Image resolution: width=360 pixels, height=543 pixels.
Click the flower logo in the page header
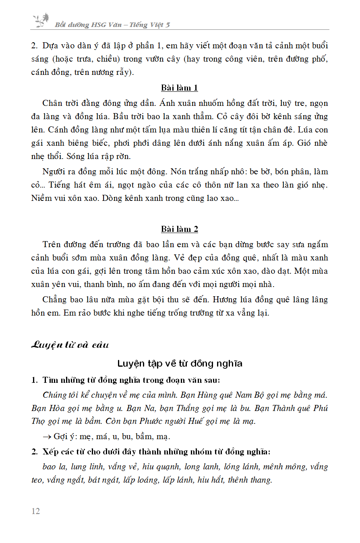(41, 20)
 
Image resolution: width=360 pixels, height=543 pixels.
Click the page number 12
(35, 511)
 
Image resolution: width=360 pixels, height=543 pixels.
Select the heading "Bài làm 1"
(180, 88)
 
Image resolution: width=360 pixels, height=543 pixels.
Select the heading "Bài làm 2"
(180, 229)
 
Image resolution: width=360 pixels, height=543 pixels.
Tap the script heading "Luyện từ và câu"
(70, 345)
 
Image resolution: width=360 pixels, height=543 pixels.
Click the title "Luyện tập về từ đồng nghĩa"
(180, 363)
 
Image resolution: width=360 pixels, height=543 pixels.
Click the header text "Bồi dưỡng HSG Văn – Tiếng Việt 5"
(112, 25)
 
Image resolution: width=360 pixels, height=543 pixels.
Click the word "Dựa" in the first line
(50, 45)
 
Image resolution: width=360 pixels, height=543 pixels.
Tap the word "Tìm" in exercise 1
(50, 380)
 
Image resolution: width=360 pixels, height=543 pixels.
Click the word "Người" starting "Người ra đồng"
(54, 171)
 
